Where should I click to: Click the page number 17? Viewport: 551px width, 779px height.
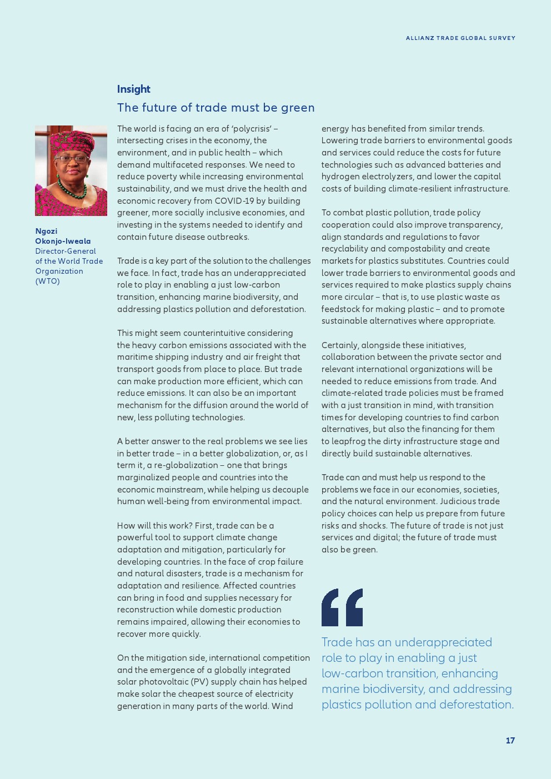point(510,741)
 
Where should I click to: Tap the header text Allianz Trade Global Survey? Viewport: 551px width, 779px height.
point(460,38)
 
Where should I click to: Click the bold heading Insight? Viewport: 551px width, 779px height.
point(133,89)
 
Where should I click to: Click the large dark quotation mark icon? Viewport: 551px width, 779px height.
point(342,607)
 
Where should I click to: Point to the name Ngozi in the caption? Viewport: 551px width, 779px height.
point(46,231)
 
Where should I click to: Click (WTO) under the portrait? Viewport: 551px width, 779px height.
point(47,281)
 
